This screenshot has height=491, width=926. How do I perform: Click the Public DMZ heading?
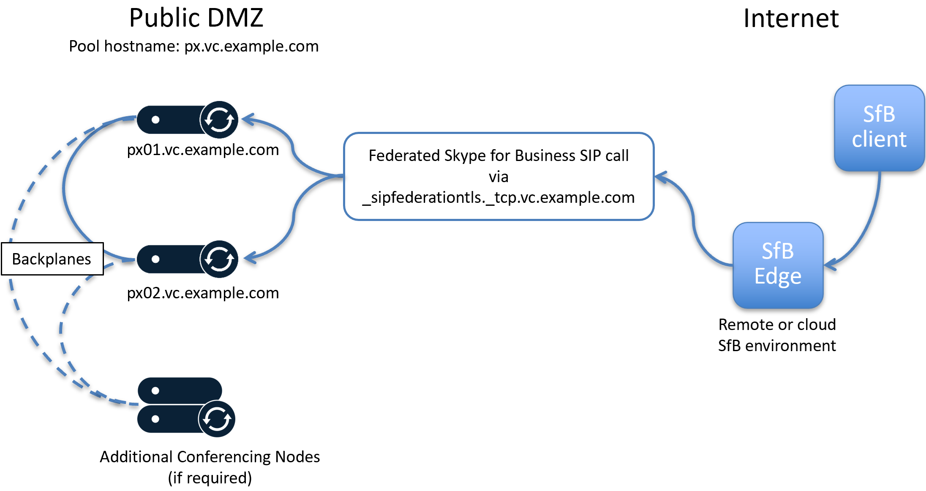pyautogui.click(x=196, y=18)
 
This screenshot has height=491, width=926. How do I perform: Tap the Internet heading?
pyautogui.click(x=790, y=19)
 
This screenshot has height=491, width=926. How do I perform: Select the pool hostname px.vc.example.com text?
pyautogui.click(x=194, y=46)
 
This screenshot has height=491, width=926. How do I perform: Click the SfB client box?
pyautogui.click(x=879, y=128)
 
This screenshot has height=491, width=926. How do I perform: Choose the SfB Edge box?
pyautogui.click(x=778, y=265)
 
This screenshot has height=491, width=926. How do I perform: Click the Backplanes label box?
pyautogui.click(x=52, y=259)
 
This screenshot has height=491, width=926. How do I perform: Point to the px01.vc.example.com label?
pyautogui.click(x=203, y=150)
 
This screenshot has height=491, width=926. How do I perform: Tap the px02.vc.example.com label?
pyautogui.click(x=203, y=293)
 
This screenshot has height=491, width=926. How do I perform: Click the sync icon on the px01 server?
pyautogui.click(x=219, y=120)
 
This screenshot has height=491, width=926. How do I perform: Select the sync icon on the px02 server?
pyautogui.click(x=219, y=259)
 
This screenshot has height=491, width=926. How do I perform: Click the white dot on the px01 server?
pyautogui.click(x=155, y=120)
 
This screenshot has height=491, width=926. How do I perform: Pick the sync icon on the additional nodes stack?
pyautogui.click(x=217, y=419)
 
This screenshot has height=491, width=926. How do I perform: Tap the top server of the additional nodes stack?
pyautogui.click(x=180, y=390)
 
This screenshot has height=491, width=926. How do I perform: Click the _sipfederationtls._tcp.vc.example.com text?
pyautogui.click(x=498, y=197)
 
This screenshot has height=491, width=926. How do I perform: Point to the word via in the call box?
pyautogui.click(x=498, y=177)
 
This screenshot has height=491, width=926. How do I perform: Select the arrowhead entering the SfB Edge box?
pyautogui.click(x=829, y=265)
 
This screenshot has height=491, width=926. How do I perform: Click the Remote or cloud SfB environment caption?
pyautogui.click(x=777, y=335)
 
